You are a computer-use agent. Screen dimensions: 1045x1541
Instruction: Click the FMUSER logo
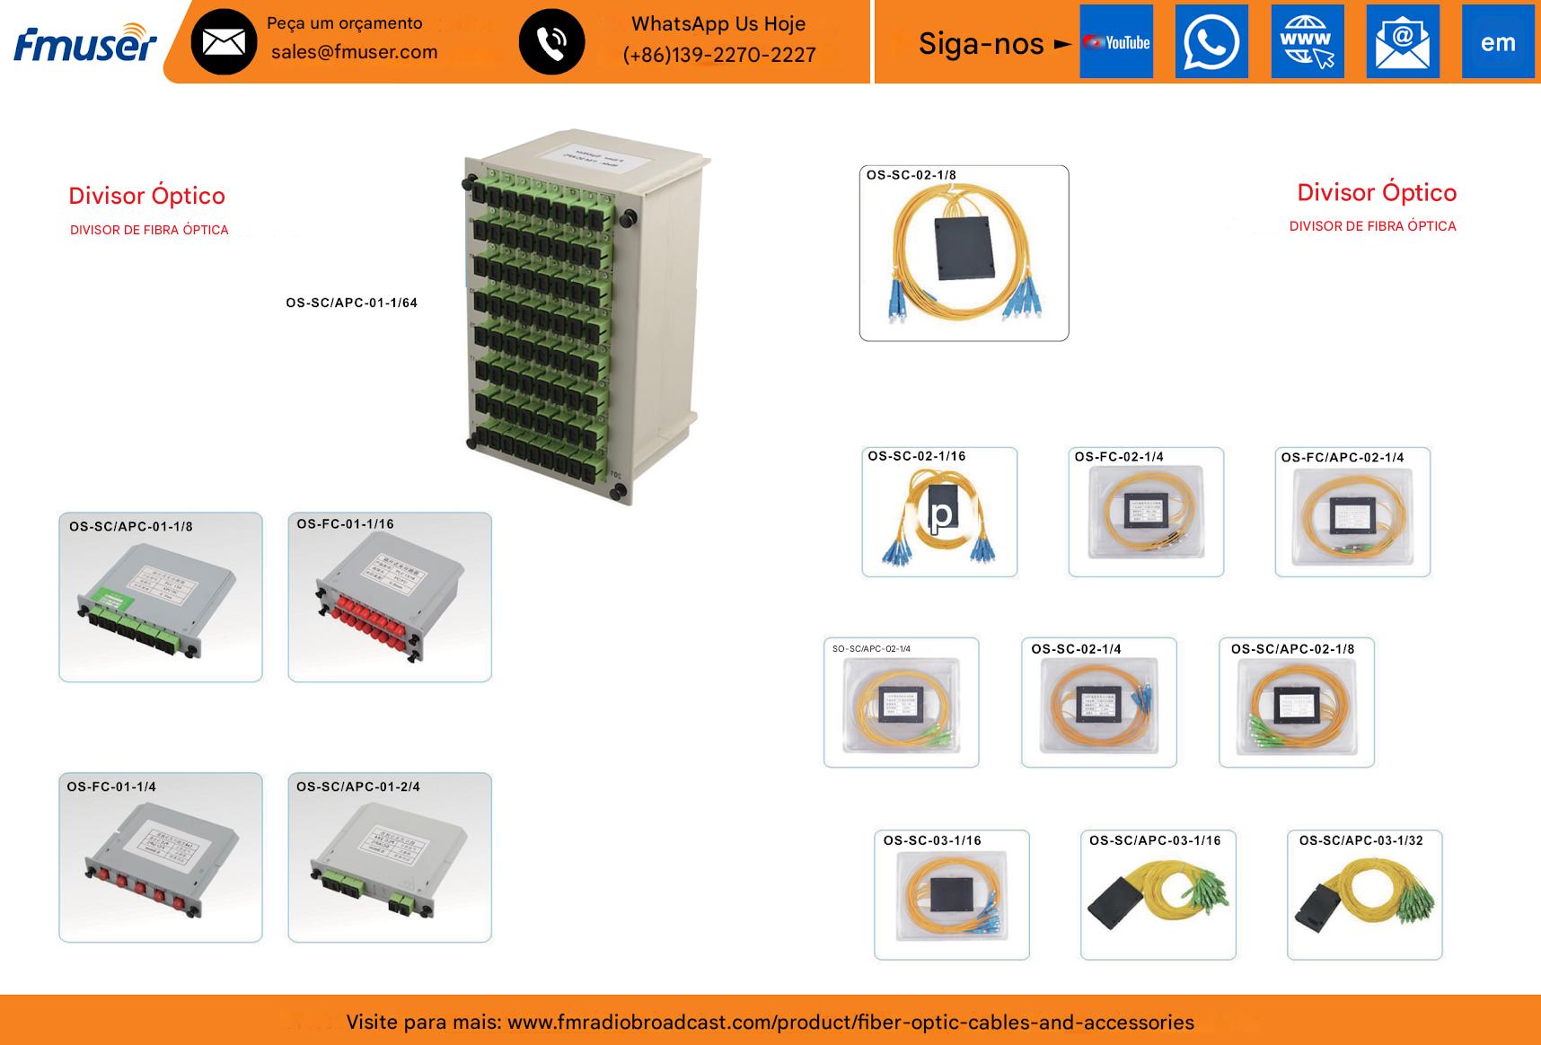tap(85, 42)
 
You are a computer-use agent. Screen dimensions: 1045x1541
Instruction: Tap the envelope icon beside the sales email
tap(224, 42)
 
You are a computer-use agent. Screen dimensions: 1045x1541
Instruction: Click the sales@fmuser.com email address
tap(354, 52)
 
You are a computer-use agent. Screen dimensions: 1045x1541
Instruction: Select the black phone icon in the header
tap(551, 42)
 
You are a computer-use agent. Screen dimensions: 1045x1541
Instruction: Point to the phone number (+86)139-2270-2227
tap(719, 55)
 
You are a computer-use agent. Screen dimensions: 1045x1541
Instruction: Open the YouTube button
tap(1115, 42)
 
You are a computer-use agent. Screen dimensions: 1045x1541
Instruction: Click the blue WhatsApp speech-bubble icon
tap(1211, 42)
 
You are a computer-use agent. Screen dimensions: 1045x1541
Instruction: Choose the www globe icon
tap(1307, 42)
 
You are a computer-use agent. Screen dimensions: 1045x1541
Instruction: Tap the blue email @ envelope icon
tap(1402, 42)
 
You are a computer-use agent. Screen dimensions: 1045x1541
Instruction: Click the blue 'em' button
tap(1497, 42)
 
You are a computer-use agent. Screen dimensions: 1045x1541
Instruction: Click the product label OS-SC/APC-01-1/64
tap(351, 303)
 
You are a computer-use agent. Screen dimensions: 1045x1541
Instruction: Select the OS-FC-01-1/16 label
tap(345, 524)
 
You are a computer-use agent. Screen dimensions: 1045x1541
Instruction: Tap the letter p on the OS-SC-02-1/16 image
tap(941, 515)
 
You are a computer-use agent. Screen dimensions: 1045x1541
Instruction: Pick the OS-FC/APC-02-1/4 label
tap(1342, 458)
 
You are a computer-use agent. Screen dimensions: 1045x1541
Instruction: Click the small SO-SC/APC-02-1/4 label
tap(871, 649)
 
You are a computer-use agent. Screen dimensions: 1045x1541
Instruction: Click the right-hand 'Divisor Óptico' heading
tap(1376, 193)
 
